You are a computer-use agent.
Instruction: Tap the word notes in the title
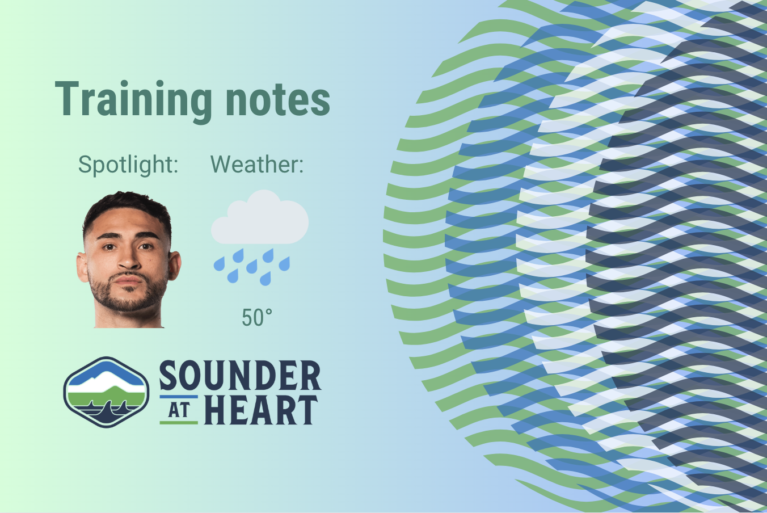277,100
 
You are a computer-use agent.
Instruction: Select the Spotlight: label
128,165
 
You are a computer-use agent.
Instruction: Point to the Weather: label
257,165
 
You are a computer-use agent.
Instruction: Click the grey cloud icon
260,217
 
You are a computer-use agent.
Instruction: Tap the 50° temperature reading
257,317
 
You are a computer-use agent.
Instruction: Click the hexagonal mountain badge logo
106,392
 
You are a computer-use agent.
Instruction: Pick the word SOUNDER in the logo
240,376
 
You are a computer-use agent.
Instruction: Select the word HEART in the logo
261,410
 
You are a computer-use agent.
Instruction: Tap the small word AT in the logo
179,410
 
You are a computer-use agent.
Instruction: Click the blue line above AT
179,397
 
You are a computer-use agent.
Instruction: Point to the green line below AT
179,423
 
